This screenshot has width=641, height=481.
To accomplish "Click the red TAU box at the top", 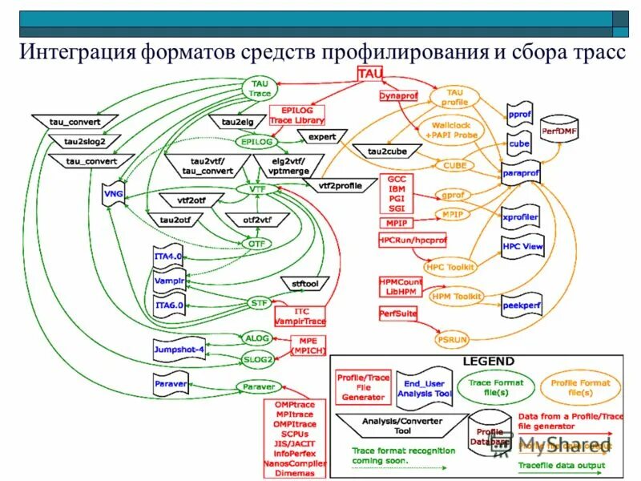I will click(x=370, y=73).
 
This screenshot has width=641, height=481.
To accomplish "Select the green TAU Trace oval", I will click(x=260, y=88).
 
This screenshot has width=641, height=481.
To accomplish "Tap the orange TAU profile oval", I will click(x=454, y=98).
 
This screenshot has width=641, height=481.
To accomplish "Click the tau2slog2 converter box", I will click(x=79, y=141).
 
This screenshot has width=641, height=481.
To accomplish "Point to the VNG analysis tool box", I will click(x=112, y=195).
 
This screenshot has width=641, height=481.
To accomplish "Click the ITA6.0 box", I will click(x=169, y=305).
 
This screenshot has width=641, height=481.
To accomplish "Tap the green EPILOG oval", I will click(x=257, y=141).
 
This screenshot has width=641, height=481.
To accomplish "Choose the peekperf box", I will click(x=522, y=305).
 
